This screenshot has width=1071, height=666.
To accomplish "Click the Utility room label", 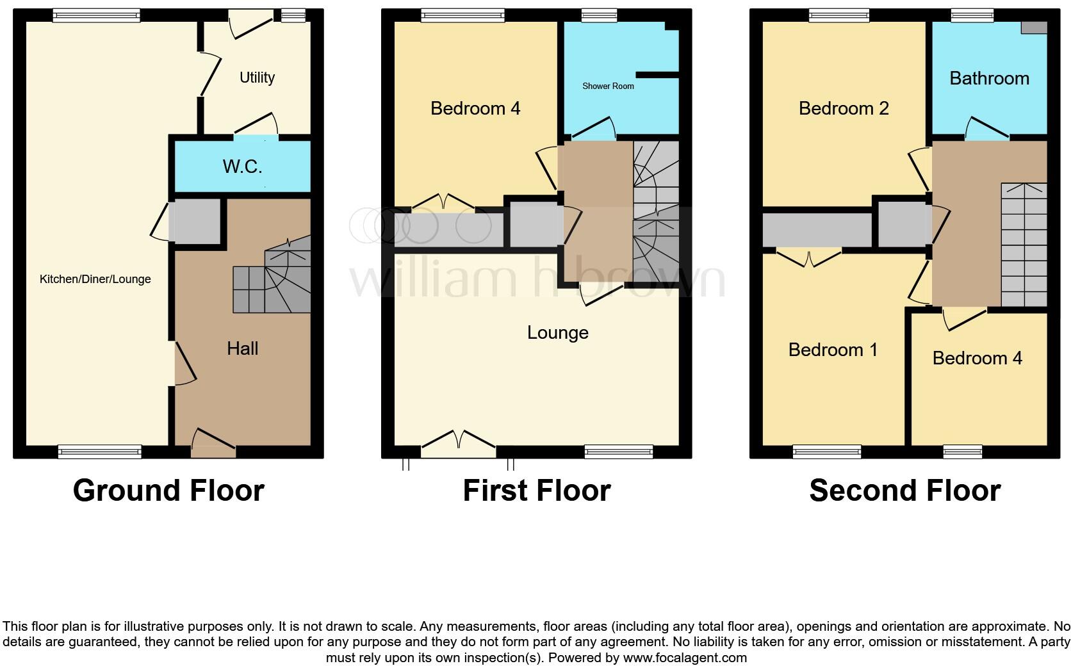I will coord(257,77).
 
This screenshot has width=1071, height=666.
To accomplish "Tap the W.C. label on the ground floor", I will coord(242,166).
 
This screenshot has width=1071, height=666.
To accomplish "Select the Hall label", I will coord(242,348).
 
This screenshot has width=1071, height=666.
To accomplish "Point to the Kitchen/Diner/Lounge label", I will coord(95,279).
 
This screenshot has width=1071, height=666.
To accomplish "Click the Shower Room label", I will coord(608,86).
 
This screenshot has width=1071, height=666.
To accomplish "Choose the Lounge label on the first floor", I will coord(557,332).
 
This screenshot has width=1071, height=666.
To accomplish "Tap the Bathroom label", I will coord(989,78).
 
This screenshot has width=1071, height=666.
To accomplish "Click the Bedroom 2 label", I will coord(844,108).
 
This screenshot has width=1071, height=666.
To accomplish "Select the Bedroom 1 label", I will coord(833,350).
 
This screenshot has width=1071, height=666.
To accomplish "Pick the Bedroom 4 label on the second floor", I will coord(977,358).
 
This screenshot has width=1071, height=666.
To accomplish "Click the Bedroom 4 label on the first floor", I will coord(475,108).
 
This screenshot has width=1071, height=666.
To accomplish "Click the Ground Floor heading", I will coord(168,491).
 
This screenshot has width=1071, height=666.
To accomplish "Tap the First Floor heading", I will coord(537,491).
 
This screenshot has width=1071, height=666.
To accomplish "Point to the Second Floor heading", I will coord(904,491).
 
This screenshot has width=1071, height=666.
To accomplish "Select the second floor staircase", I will coord(1024,244).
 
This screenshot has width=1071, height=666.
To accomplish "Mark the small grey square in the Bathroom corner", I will coord(1034,28).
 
